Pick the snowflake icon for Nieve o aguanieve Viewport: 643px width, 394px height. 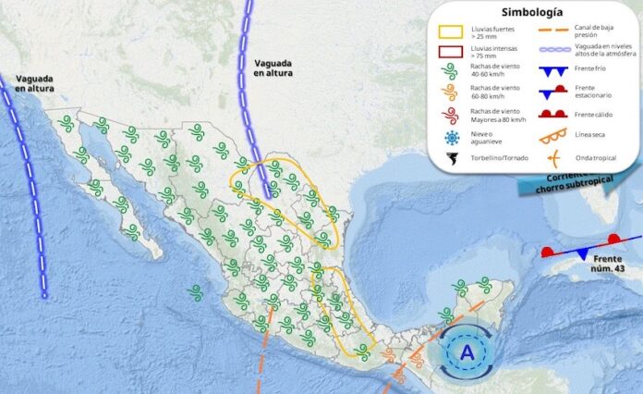pos(452,138)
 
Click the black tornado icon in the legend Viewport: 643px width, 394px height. pos(452,158)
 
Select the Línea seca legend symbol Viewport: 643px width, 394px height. pos(554,137)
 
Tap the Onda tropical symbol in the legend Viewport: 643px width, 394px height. pos(554,157)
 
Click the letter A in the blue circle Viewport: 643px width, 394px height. pos(467,351)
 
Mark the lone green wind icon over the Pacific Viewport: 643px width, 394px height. pos(195,292)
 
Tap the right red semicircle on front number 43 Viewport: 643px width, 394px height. pos(614,240)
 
